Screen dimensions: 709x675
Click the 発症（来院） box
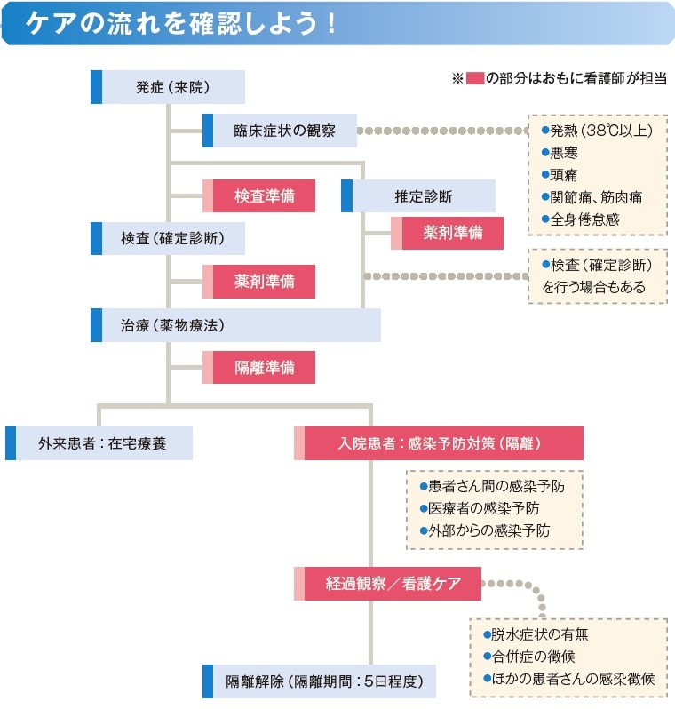[168, 87]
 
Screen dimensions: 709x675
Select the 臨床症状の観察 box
[280, 131]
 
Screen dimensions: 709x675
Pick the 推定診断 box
[418, 195]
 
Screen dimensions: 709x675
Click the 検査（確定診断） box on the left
[168, 239]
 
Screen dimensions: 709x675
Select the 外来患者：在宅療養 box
[99, 443]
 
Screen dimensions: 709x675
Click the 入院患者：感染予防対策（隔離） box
[439, 443]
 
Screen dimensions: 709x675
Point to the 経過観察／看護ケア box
[388, 584]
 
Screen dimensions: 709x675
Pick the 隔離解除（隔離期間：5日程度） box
[320, 681]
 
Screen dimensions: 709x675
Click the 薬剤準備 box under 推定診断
[448, 234]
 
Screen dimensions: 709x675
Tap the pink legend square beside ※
[474, 78]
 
